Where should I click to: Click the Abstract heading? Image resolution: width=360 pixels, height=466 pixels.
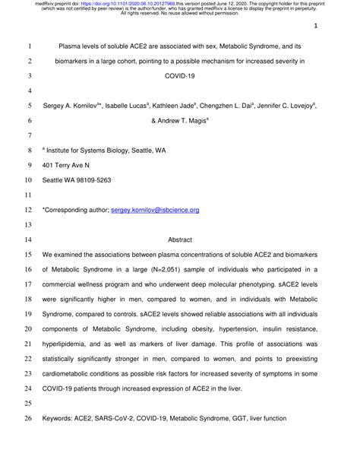pos(179,239)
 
